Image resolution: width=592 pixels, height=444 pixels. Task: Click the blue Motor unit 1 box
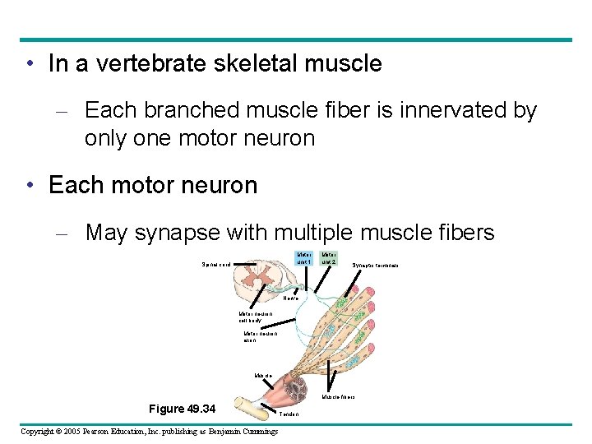click(x=304, y=258)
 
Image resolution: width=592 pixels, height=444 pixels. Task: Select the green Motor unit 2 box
click(x=328, y=258)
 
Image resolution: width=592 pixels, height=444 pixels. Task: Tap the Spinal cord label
click(x=216, y=265)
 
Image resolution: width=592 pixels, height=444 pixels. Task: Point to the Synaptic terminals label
click(x=376, y=266)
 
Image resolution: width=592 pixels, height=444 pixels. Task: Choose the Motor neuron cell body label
click(x=254, y=317)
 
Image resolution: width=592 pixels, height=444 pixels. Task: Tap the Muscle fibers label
click(x=338, y=396)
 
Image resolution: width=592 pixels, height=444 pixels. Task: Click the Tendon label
click(x=289, y=414)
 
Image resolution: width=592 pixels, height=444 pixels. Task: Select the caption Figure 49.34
click(x=182, y=409)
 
